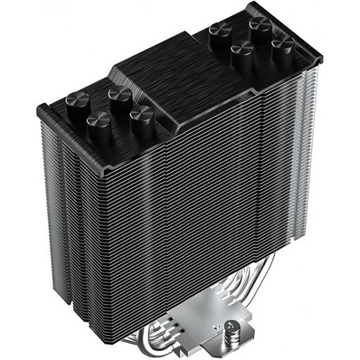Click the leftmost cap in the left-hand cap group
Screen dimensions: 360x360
77,103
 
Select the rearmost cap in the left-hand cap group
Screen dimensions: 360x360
120,96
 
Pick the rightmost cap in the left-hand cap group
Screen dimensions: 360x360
142,116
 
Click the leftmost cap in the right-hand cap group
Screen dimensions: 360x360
220,32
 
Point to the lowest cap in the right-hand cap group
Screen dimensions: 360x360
243,53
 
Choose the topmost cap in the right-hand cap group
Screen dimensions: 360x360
260,27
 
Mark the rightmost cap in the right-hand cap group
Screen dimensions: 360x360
283,48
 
